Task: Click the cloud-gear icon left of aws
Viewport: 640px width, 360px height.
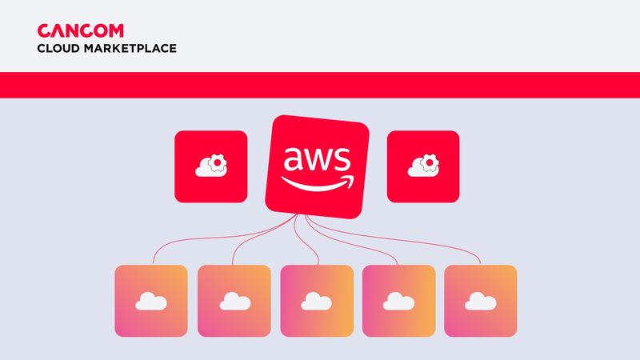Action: [x=211, y=166]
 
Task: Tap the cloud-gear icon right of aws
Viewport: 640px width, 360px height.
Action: [x=423, y=166]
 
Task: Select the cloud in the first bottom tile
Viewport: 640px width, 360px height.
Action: [x=151, y=301]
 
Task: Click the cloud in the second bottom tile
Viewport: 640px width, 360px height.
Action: [x=234, y=301]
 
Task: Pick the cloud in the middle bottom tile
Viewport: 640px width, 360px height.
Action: [x=317, y=301]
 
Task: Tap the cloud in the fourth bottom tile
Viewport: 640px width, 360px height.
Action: [x=399, y=301]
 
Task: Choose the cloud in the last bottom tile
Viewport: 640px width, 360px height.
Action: [x=481, y=301]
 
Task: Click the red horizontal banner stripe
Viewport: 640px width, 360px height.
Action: [x=320, y=85]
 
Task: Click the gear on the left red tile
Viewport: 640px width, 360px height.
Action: [x=216, y=163]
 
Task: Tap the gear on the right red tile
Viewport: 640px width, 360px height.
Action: [x=429, y=163]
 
